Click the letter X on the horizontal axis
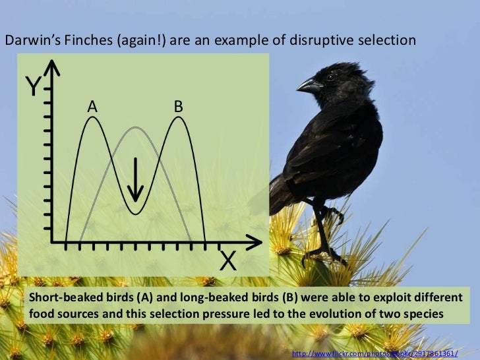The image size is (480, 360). coord(227,262)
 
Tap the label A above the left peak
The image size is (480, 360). coord(93,106)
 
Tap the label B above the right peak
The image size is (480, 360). coord(178,105)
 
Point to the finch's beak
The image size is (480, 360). coord(307,84)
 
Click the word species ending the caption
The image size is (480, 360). coord(421,313)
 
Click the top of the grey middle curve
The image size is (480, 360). coord(135,127)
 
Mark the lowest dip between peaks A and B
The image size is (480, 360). coord(135,213)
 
